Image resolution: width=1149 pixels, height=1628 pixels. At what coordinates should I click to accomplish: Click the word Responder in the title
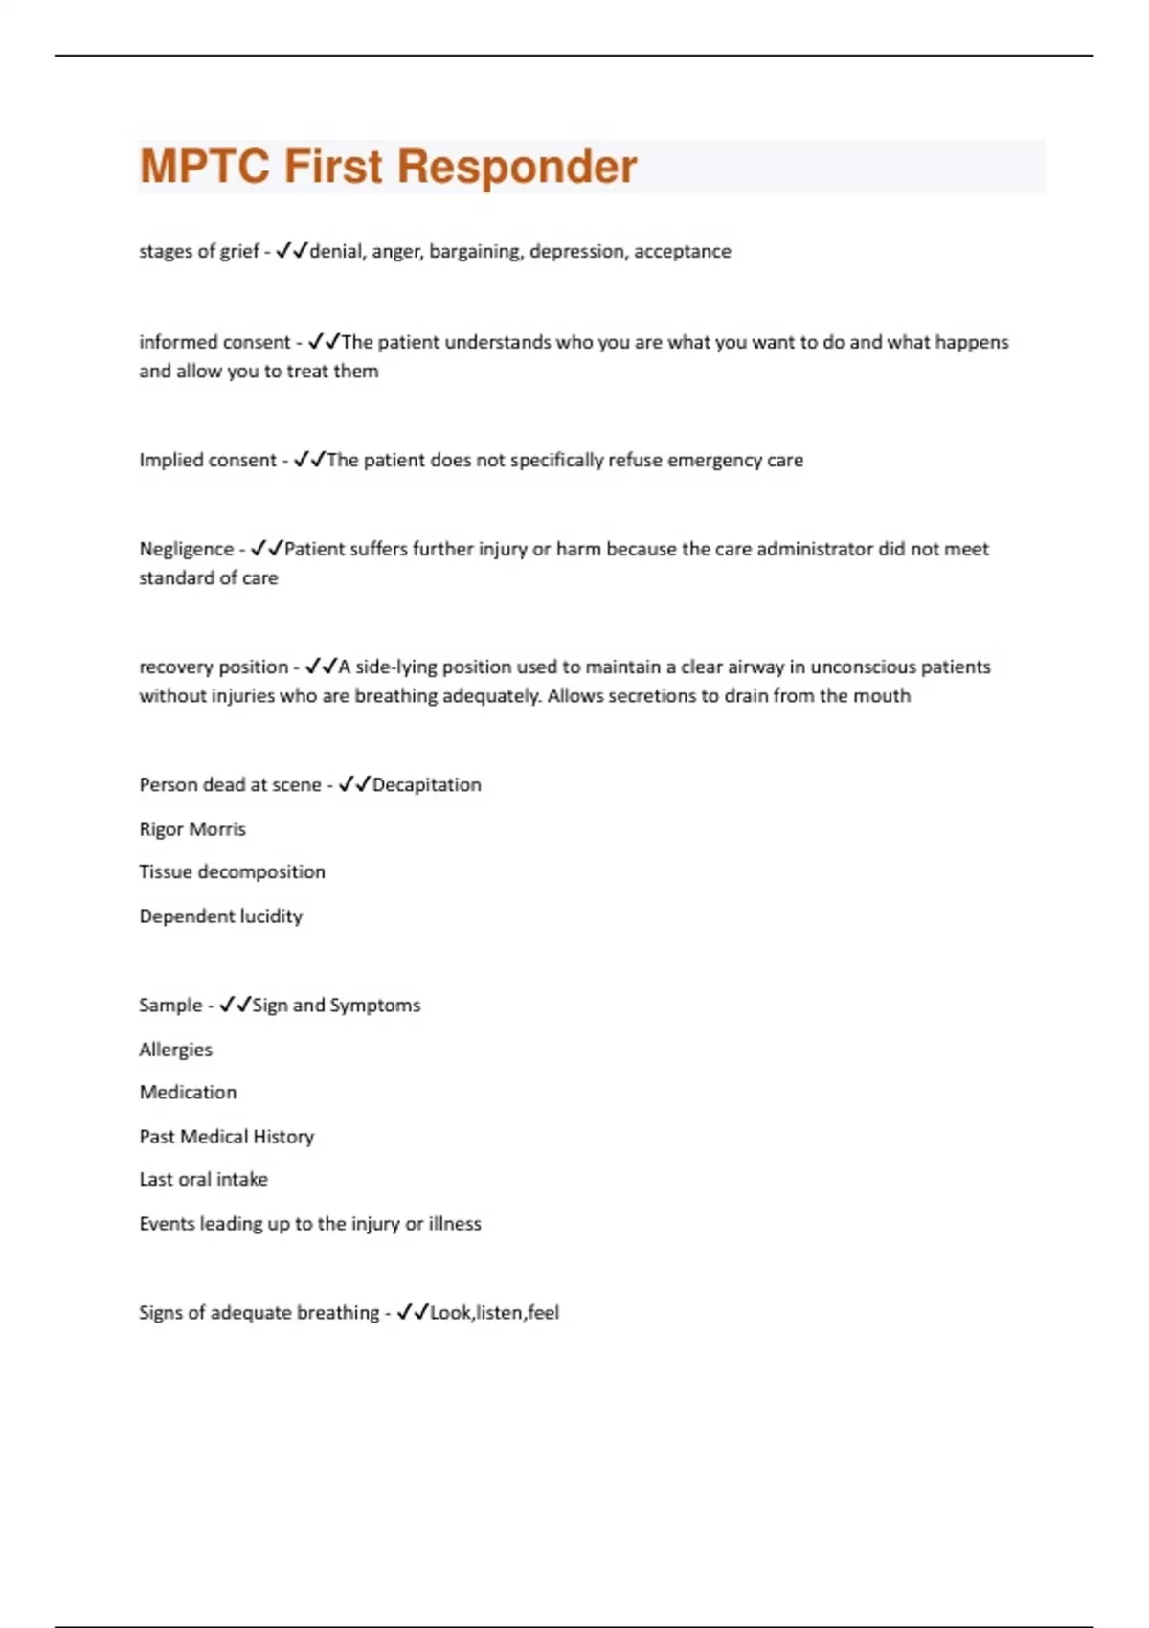coord(517,167)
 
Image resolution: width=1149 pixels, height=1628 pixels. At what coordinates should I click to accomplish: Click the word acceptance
coord(682,251)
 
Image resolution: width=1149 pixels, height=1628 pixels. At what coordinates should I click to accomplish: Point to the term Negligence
coord(186,549)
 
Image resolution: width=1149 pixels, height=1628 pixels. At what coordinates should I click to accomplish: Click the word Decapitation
coord(426,784)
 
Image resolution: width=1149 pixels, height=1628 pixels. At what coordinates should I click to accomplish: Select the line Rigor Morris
coord(192,829)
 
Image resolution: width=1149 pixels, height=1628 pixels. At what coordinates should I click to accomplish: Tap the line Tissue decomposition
coord(232,871)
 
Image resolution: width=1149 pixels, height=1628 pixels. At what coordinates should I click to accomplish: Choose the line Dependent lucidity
coord(220,916)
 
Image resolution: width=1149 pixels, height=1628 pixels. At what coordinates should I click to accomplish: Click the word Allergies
coord(175,1050)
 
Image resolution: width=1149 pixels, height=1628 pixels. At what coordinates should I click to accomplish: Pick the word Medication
coord(188,1092)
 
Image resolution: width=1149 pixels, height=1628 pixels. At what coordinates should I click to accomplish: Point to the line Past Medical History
coord(226,1137)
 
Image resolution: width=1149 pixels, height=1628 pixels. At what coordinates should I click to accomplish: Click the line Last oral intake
coord(203,1179)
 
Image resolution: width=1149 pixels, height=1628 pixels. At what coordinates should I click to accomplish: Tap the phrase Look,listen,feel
coord(494,1312)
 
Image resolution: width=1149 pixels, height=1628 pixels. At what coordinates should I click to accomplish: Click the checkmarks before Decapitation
coord(354,784)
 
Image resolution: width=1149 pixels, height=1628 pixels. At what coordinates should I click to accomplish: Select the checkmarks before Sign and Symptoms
coord(235,1005)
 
